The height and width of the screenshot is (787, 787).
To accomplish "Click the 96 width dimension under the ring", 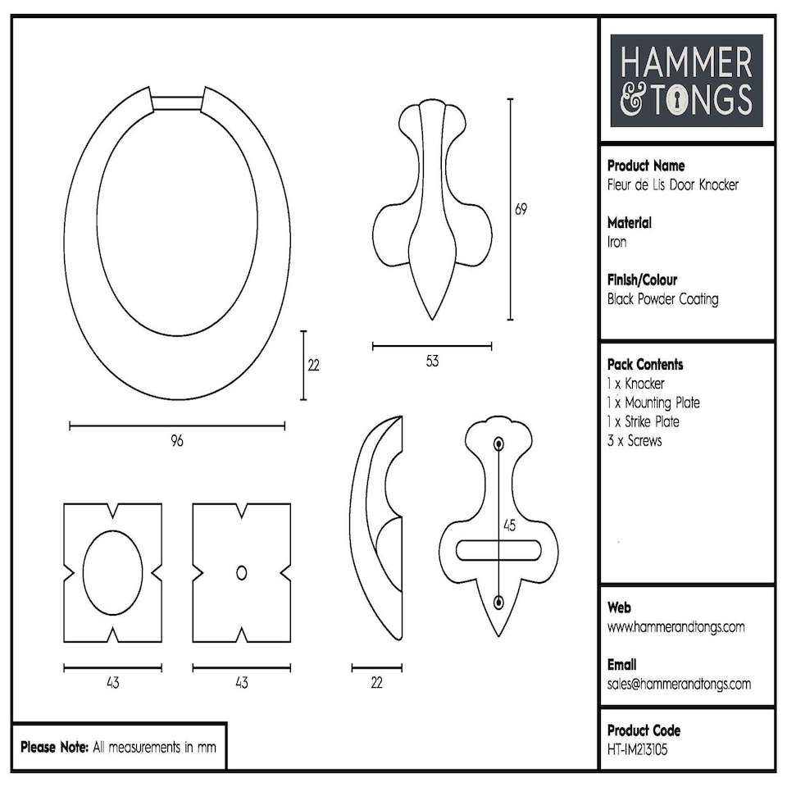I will click(177, 441).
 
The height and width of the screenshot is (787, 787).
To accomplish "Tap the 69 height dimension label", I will click(521, 209).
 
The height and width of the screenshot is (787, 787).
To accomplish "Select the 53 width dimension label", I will click(432, 362).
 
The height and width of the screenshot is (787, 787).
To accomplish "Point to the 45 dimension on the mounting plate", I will click(509, 525).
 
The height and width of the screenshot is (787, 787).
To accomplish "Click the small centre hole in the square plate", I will click(241, 573).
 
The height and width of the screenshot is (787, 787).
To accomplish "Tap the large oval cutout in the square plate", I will click(113, 572).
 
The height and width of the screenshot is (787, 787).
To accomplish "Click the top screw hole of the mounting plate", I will click(498, 444).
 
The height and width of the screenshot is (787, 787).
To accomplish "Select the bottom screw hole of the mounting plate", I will click(498, 603).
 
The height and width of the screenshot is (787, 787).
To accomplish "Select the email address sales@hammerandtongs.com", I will click(679, 684).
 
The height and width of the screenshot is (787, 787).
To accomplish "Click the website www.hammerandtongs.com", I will click(676, 627).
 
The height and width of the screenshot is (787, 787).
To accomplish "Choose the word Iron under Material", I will click(616, 242).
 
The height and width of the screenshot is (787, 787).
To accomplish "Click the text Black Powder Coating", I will click(662, 299).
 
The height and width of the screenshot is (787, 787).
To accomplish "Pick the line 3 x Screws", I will click(635, 441).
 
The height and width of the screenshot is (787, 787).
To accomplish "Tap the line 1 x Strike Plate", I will click(644, 422).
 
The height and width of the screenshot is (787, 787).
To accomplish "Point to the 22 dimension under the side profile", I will click(376, 683).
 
